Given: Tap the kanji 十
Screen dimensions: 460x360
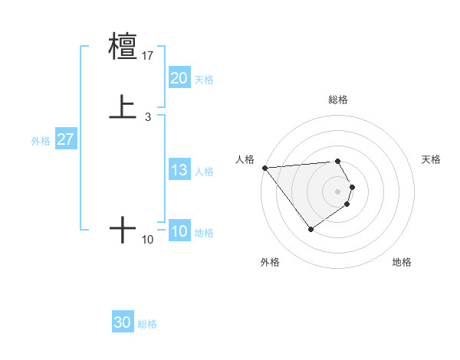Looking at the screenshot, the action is pos(123,230).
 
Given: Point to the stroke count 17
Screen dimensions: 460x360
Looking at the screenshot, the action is pos(148,56).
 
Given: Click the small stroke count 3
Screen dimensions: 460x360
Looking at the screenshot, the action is pos(147,117).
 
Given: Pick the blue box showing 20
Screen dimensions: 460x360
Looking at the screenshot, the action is pos(179,78).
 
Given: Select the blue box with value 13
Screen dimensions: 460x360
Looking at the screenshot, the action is pos(179,171).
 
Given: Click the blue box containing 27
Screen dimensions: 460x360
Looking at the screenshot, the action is pos(65,139).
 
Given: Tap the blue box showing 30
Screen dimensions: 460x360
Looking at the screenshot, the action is pos(122,323).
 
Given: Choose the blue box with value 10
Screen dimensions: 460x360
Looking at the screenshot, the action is pos(179,232).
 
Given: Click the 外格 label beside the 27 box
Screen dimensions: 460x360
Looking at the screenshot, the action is pos(41,141).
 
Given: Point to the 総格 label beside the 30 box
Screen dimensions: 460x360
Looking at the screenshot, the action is pos(147,325).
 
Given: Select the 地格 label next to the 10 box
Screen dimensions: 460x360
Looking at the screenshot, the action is pos(205,233).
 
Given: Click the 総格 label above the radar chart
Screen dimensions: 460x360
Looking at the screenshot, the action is pos(337,100).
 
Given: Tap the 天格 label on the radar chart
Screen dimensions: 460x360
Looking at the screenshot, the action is pos(432,159).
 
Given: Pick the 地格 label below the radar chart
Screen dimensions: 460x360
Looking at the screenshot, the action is pos(402,262).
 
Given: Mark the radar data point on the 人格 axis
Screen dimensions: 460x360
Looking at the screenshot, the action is pos(264,168).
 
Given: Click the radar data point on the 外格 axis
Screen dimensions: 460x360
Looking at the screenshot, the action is pos(310,229).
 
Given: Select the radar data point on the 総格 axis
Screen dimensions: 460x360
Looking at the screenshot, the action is pos(337,161).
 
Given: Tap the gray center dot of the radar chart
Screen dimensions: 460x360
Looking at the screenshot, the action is pos(337,191).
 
